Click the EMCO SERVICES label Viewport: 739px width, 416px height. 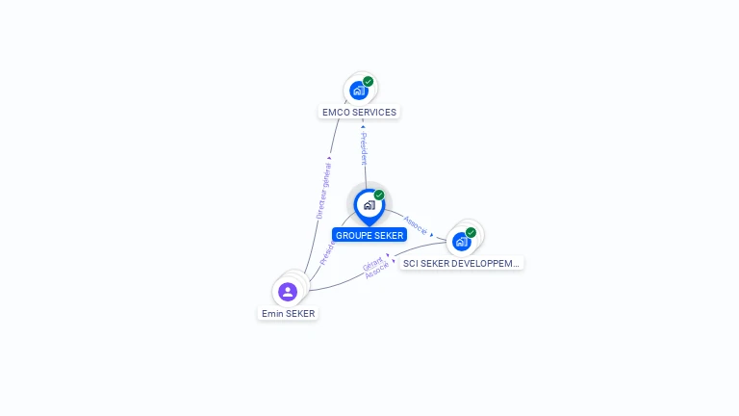pos(359,112)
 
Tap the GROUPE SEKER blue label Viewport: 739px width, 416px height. pos(369,235)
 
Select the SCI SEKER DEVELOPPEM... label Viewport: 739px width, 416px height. pos(461,263)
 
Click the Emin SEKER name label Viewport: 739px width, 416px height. pos(288,313)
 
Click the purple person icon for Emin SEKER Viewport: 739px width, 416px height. pos(288,291)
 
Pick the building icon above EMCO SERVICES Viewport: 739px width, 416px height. pos(358,91)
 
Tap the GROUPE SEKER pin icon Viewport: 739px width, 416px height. pos(369,205)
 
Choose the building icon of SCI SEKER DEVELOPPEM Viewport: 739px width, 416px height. pos(461,241)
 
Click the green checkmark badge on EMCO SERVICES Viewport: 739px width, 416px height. pos(369,82)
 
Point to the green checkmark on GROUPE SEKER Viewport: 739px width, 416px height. pos(379,195)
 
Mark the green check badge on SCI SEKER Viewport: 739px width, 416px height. pos(471,232)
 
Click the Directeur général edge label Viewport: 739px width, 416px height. pos(323,191)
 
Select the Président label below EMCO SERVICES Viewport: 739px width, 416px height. pos(364,148)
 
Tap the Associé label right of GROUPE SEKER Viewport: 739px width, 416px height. pos(416,224)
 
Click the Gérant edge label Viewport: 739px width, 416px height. pos(373,263)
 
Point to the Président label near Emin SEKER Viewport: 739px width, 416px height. pos(326,253)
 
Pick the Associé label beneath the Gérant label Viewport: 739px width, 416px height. pos(377,271)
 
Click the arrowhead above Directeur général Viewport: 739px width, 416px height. pos(329,158)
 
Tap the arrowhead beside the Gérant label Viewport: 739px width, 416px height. pos(392,259)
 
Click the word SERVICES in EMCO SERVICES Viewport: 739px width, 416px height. pos(373,112)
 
